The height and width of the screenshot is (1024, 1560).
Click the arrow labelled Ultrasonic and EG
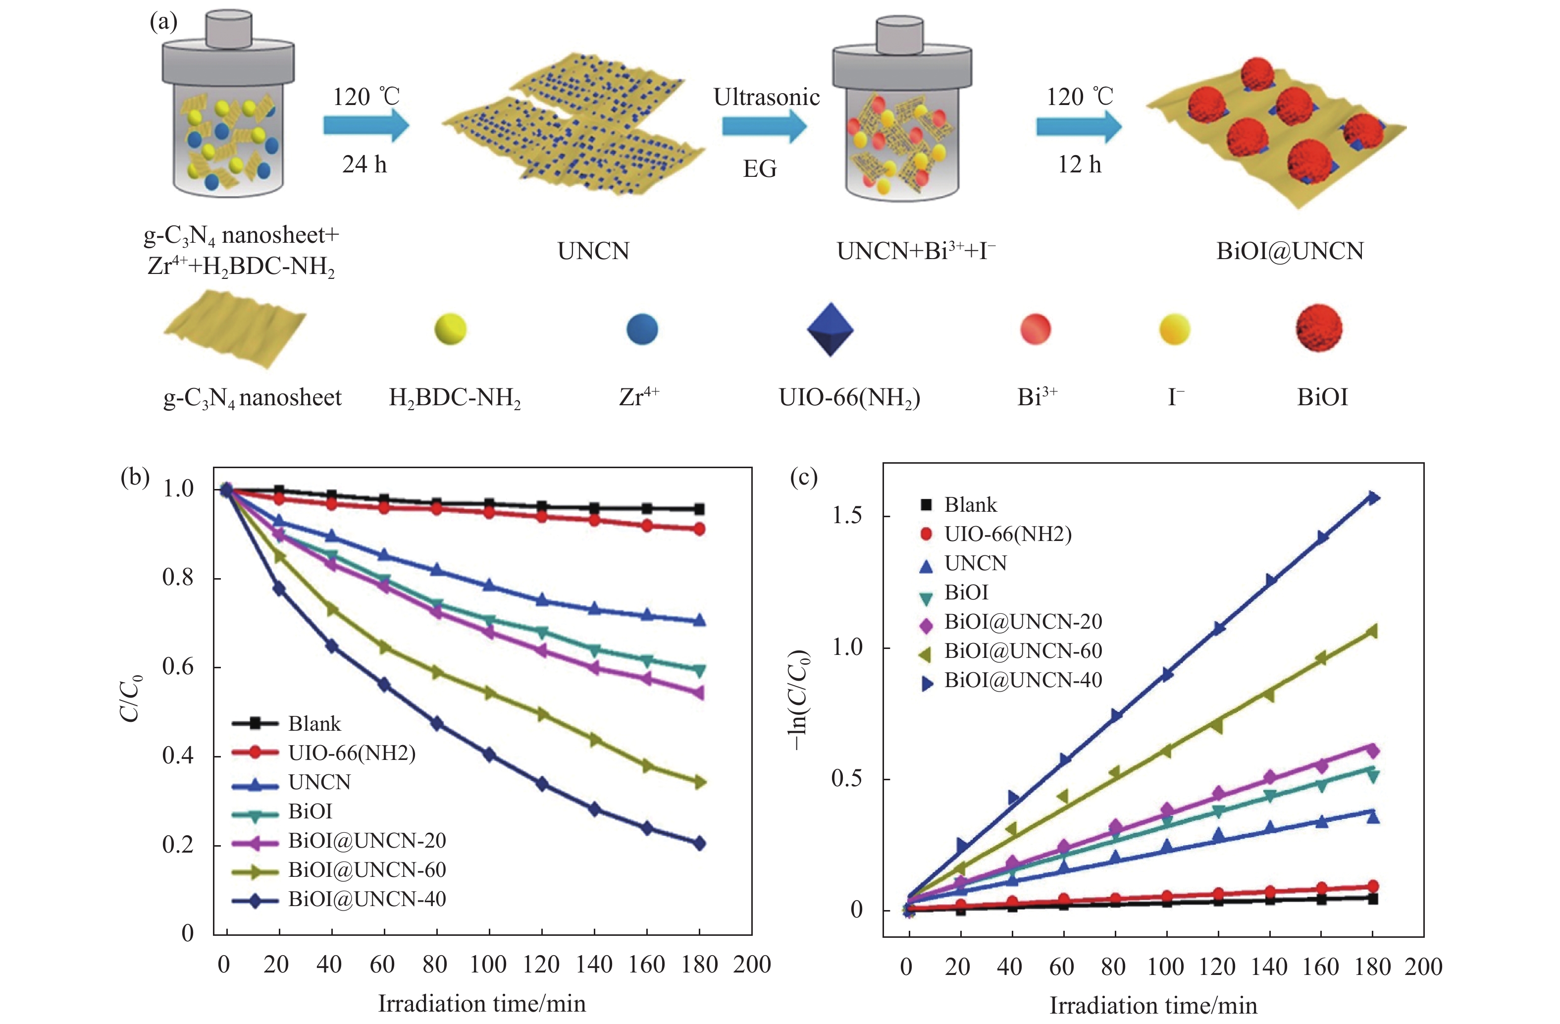(764, 126)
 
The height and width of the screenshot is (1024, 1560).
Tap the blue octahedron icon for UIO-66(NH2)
(830, 329)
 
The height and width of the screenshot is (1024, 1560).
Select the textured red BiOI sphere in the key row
(1319, 328)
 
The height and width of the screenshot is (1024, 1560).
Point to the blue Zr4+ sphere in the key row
(642, 329)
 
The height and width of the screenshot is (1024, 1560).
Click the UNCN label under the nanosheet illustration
(593, 251)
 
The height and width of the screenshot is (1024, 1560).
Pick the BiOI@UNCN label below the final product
(1289, 251)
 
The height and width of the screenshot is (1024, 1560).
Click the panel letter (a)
(163, 22)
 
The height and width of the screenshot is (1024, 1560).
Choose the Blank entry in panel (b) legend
(314, 724)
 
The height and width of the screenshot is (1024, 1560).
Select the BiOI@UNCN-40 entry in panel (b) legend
(366, 899)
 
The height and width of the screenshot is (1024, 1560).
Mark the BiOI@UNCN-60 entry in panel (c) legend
(1023, 651)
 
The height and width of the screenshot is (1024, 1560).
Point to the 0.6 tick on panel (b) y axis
(178, 667)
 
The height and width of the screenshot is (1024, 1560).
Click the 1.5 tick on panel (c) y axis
(847, 516)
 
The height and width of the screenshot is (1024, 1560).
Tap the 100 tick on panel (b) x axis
(488, 965)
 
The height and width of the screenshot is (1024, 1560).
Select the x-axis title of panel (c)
(1153, 1005)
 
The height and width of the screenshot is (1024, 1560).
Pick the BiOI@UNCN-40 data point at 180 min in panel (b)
(699, 843)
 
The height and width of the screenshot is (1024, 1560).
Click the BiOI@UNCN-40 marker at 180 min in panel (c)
(1372, 497)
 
